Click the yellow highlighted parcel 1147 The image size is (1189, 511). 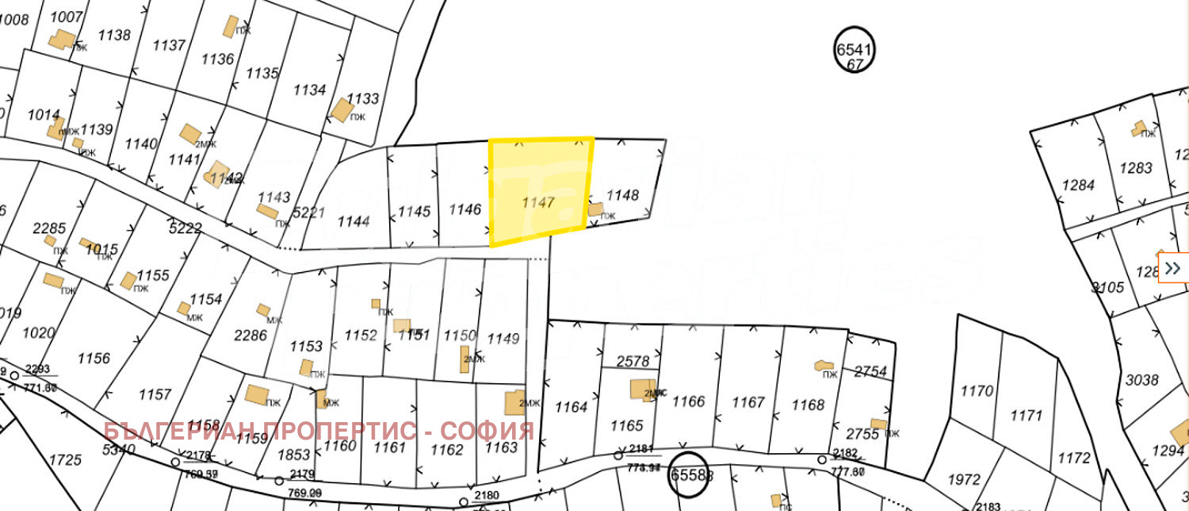[x=539, y=190]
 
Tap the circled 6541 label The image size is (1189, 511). [x=854, y=49]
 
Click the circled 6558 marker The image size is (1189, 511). [x=686, y=474]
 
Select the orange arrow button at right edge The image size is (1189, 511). [x=1173, y=267]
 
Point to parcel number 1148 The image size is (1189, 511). [x=622, y=194]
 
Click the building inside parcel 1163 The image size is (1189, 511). [x=514, y=402]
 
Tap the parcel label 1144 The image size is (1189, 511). [x=354, y=221]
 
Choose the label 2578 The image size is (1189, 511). [x=633, y=361]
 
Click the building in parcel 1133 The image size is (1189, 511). [x=342, y=109]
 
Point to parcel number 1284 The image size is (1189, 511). [x=1078, y=185]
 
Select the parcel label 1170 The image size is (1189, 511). [x=977, y=390]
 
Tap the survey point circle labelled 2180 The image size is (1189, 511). [x=464, y=501]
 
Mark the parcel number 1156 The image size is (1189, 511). [x=94, y=358]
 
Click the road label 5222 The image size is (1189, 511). [x=185, y=229]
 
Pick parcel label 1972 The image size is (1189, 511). [x=964, y=479]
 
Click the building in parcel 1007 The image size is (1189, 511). [x=60, y=39]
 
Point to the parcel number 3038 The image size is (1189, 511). [x=1142, y=380]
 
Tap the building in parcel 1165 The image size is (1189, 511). [x=641, y=389]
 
